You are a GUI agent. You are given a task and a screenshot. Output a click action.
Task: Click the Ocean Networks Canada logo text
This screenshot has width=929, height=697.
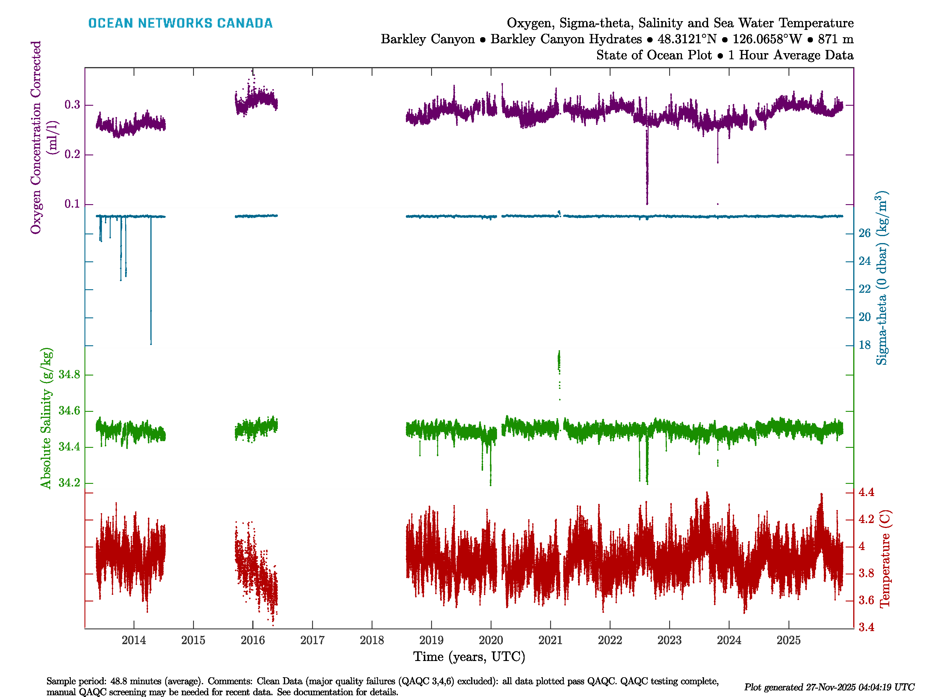(180, 23)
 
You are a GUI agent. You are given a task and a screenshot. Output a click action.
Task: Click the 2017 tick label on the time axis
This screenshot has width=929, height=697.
(312, 640)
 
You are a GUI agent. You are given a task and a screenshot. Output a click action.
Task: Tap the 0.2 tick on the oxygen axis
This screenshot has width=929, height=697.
(72, 155)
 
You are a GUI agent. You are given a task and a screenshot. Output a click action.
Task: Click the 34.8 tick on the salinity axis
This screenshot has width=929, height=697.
(69, 374)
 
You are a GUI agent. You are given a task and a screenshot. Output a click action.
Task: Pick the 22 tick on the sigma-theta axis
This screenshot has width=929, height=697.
(864, 289)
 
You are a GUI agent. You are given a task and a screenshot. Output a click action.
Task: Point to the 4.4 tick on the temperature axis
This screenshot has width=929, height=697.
(866, 492)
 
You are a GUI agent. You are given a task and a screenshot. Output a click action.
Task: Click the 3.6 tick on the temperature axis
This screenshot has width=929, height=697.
(866, 600)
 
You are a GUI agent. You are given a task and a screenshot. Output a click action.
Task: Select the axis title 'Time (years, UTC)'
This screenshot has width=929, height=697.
(469, 657)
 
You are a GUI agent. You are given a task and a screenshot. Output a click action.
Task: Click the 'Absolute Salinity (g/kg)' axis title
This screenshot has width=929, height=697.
(46, 418)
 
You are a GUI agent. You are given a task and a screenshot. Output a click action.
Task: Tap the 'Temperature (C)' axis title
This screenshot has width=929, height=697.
(885, 559)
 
